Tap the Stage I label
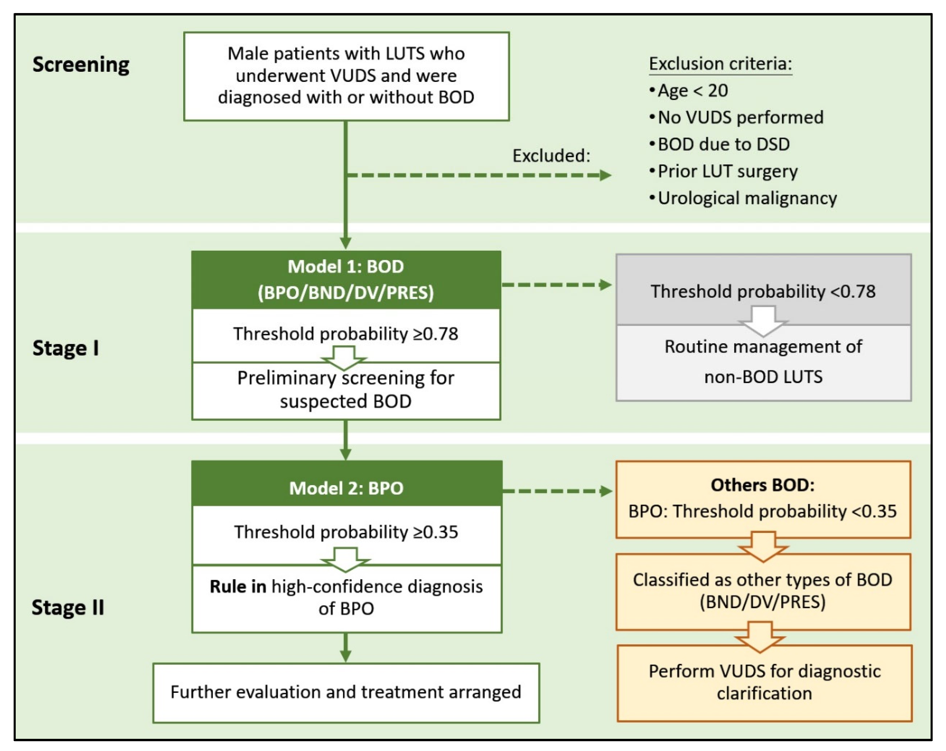coord(66,348)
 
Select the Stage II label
coord(68,607)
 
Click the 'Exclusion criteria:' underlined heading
coord(720,64)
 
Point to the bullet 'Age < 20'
coord(693,91)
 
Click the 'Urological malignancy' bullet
coord(747,199)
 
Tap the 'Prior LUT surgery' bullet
coord(727,171)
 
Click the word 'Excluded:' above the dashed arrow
coord(551,156)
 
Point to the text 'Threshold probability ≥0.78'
coord(346,334)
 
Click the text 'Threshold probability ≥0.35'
coord(346,532)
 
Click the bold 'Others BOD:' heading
coord(762,485)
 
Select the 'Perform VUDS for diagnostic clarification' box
coord(764,682)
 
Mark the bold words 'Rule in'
coord(237,587)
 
